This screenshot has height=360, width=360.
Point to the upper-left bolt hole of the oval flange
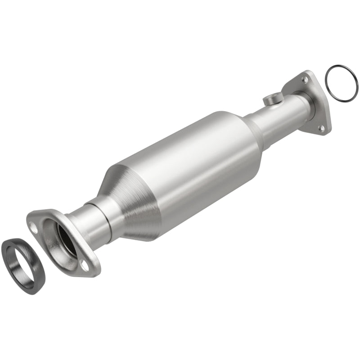coord(34,227)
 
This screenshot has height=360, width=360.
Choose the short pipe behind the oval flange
coord(90,223)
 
